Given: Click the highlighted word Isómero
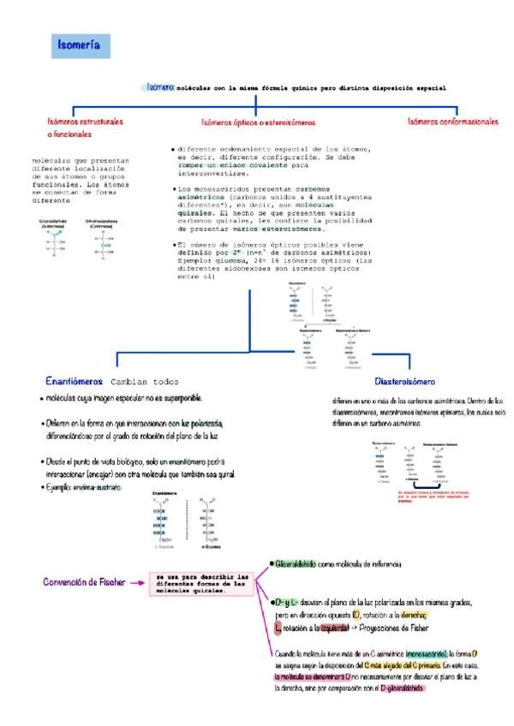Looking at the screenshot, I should [161, 87].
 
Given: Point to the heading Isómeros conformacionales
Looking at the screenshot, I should [453, 122].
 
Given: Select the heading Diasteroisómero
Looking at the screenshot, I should [405, 381].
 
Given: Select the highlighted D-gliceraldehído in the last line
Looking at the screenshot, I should [402, 687].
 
